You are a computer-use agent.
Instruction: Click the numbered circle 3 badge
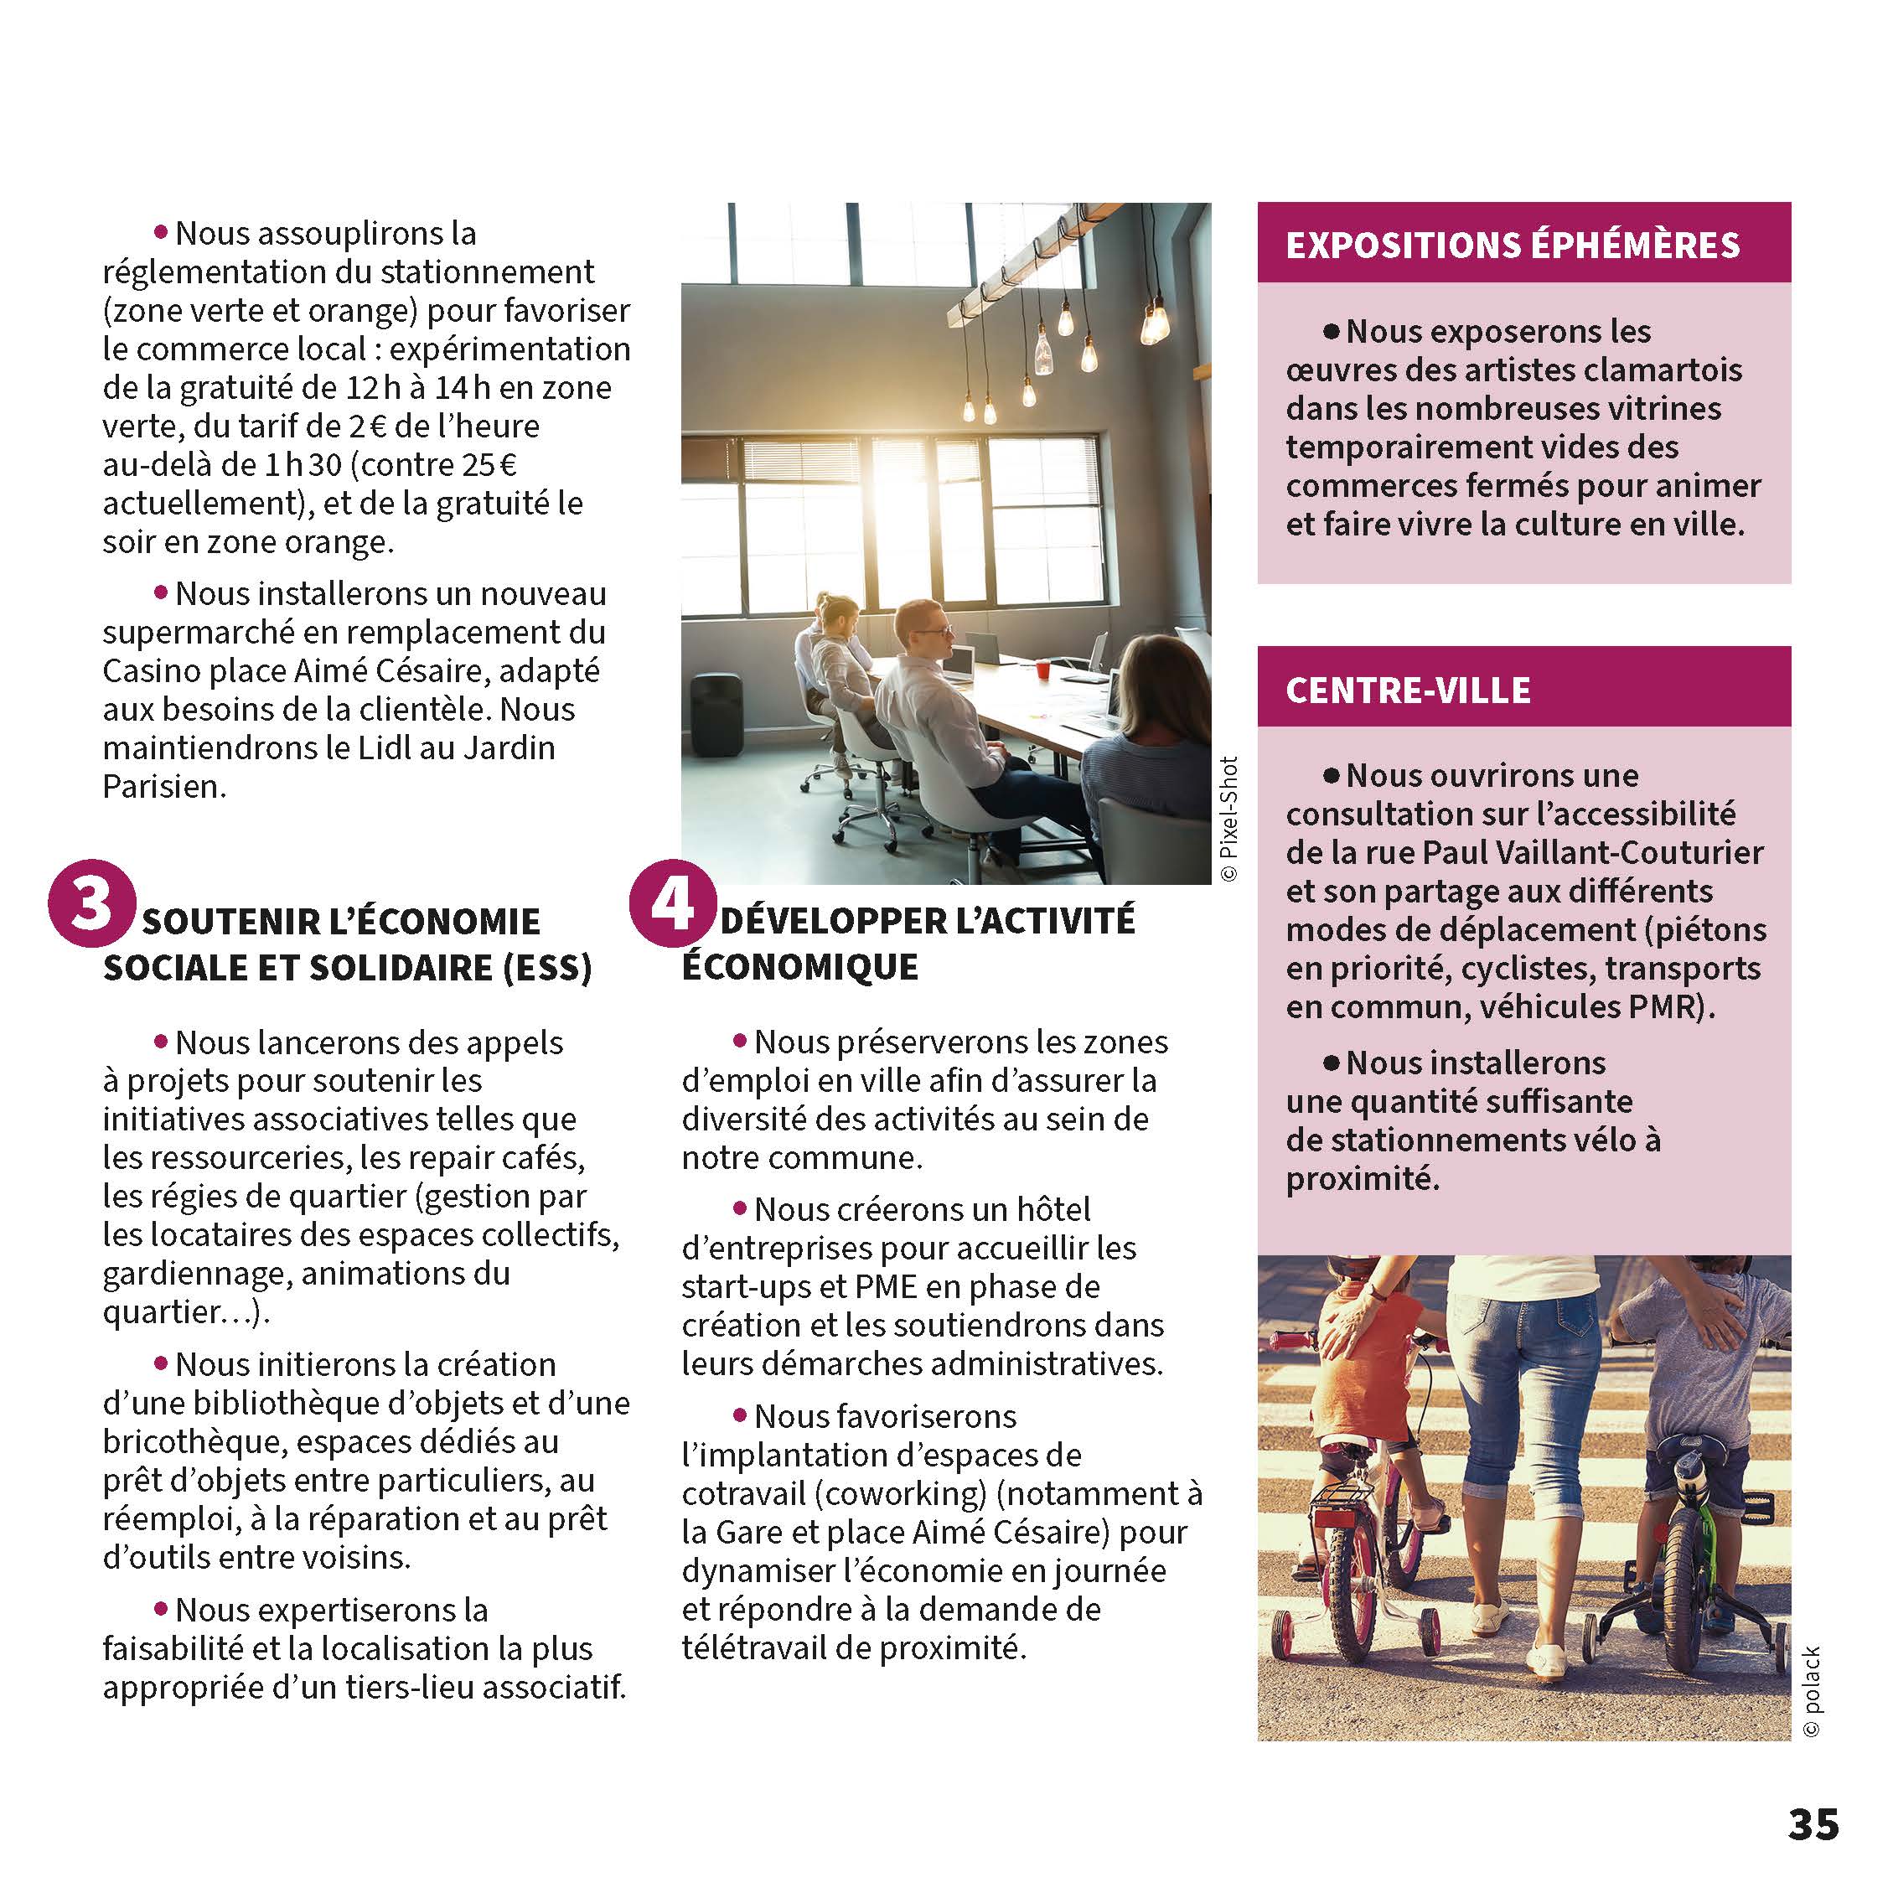pyautogui.click(x=91, y=903)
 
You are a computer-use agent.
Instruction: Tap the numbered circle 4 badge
pyautogui.click(x=671, y=903)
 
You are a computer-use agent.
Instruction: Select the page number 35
pyautogui.click(x=1813, y=1824)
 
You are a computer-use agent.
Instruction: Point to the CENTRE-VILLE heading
pyautogui.click(x=1407, y=690)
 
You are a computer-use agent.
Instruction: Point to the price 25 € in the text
pyautogui.click(x=485, y=464)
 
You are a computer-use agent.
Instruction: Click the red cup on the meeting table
pyautogui.click(x=1042, y=670)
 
